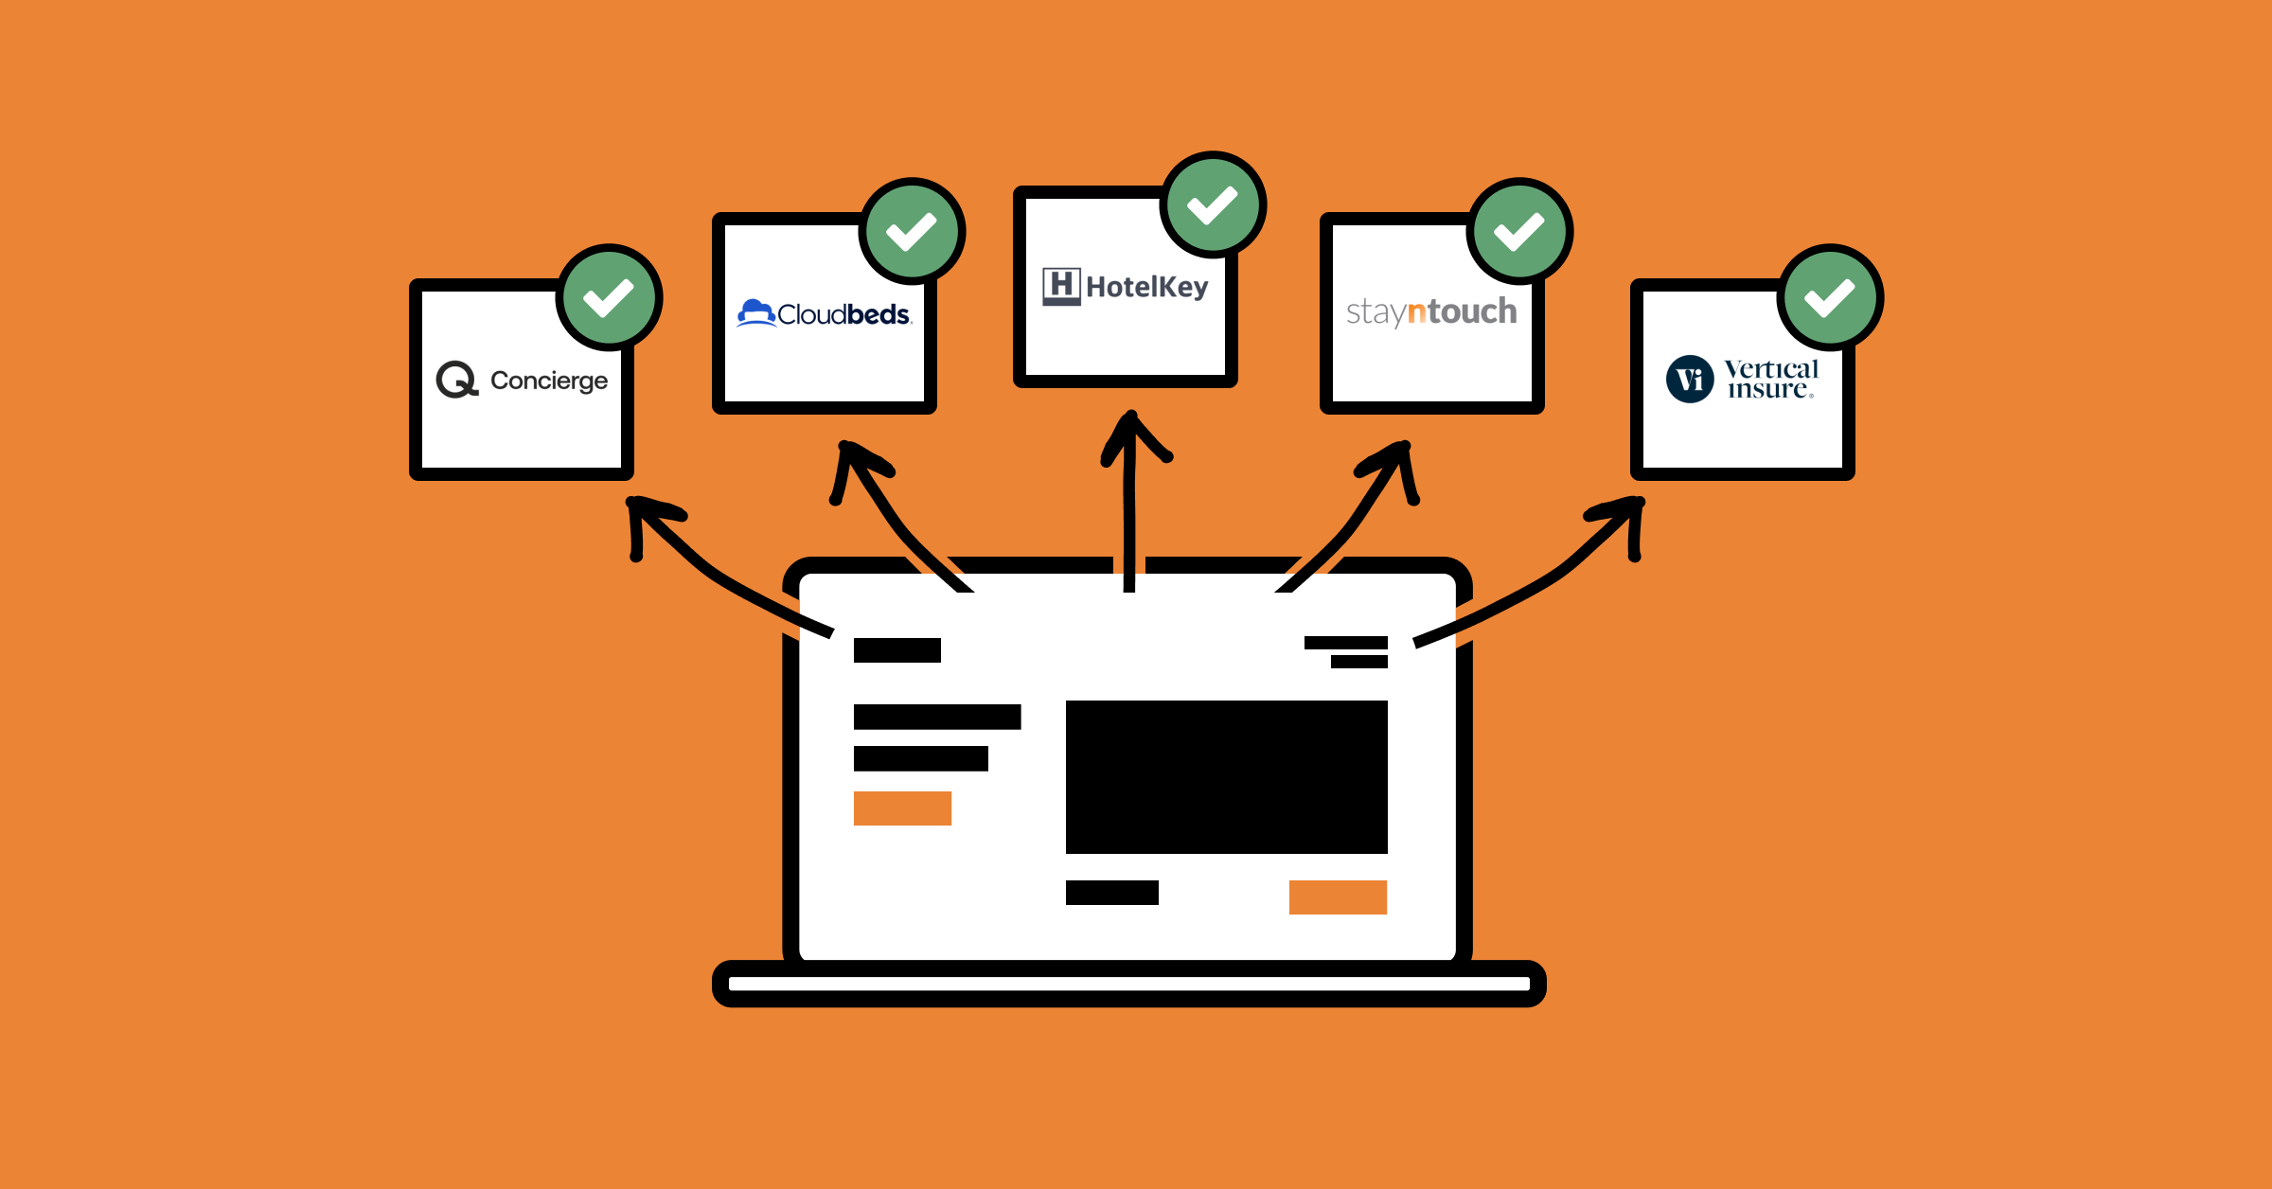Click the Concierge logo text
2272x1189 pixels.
click(x=549, y=381)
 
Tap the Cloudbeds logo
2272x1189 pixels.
click(x=825, y=313)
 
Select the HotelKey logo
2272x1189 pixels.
click(x=1126, y=286)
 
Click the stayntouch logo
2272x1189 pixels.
click(x=1431, y=311)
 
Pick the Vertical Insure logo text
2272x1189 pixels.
click(x=1770, y=379)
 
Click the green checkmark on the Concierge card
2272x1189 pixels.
click(x=609, y=297)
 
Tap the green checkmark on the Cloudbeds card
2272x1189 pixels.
click(x=912, y=231)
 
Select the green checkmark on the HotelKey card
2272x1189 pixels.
click(x=1213, y=204)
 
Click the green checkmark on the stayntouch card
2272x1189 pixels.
click(x=1519, y=231)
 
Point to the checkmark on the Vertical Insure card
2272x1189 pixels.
click(x=1830, y=297)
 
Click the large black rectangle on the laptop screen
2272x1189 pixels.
click(x=1226, y=776)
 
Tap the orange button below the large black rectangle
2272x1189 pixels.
click(x=1338, y=896)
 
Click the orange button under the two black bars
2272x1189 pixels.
click(x=902, y=807)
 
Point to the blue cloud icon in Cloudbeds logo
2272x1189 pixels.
click(x=755, y=312)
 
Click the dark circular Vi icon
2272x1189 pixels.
click(x=1690, y=380)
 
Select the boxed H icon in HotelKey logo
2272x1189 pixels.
click(x=1061, y=286)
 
